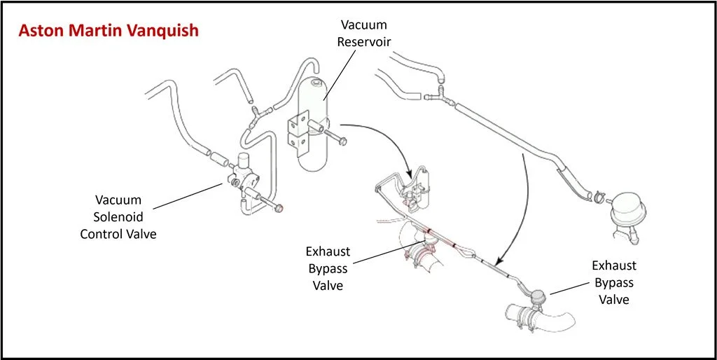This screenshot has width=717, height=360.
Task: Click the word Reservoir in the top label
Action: [x=363, y=41]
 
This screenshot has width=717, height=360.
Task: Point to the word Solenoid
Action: [x=118, y=217]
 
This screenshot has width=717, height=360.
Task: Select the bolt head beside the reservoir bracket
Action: [x=342, y=142]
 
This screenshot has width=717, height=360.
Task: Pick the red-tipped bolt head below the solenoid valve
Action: [x=279, y=208]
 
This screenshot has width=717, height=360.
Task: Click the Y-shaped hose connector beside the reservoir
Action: [x=255, y=112]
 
